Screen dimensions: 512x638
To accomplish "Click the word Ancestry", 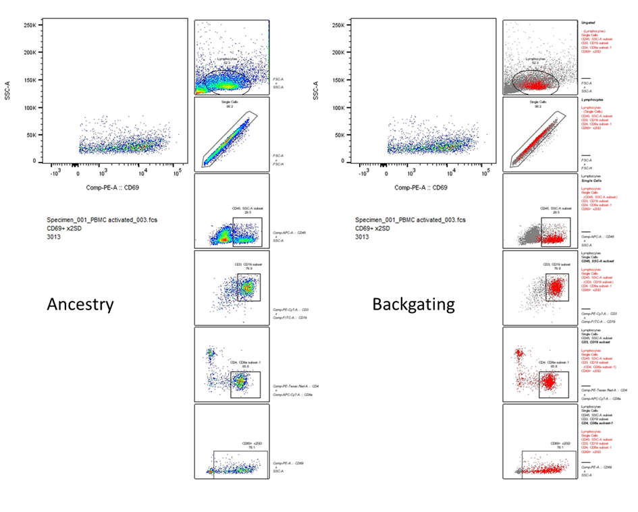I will pyautogui.click(x=80, y=304).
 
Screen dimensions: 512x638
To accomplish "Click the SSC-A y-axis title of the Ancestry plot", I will pyautogui.click(x=7, y=93).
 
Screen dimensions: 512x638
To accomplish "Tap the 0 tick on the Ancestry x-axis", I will pyautogui.click(x=76, y=172).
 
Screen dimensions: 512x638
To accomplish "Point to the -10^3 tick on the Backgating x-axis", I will pyautogui.click(x=364, y=172).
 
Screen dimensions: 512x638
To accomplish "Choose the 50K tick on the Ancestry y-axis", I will pyautogui.click(x=28, y=135).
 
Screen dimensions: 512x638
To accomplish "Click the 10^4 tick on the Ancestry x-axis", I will pyautogui.click(x=138, y=172).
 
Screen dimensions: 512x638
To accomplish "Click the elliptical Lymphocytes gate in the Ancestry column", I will pyautogui.click(x=226, y=81).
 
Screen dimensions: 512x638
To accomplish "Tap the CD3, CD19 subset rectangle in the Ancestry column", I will pyautogui.click(x=248, y=287).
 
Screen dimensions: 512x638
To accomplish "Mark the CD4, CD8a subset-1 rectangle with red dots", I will pyautogui.click(x=554, y=384).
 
